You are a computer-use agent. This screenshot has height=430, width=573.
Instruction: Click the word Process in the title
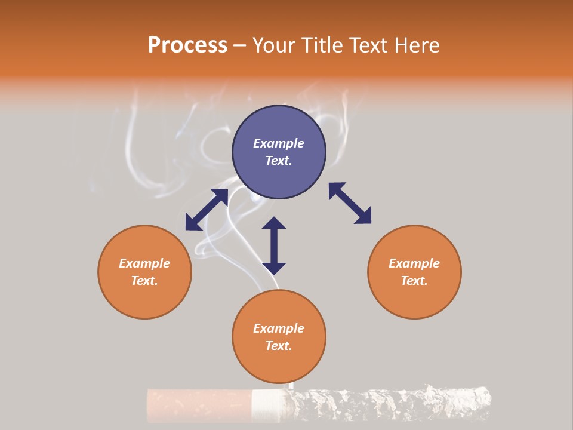click(x=187, y=45)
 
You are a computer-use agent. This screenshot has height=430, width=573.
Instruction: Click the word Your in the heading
click(x=273, y=45)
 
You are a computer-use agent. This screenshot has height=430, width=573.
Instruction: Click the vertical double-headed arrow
click(x=274, y=245)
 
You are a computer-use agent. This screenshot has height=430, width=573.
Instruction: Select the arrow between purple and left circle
click(x=207, y=210)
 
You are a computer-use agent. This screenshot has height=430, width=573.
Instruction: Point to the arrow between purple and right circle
click(x=350, y=203)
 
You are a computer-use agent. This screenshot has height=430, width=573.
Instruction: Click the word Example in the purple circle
click(x=279, y=143)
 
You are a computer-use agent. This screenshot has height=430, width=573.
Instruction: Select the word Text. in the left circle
click(x=144, y=281)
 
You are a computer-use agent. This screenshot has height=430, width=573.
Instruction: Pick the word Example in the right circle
click(x=414, y=263)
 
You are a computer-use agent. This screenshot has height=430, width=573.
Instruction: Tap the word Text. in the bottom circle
click(x=279, y=346)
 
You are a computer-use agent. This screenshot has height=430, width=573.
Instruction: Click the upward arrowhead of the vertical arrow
click(x=274, y=223)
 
